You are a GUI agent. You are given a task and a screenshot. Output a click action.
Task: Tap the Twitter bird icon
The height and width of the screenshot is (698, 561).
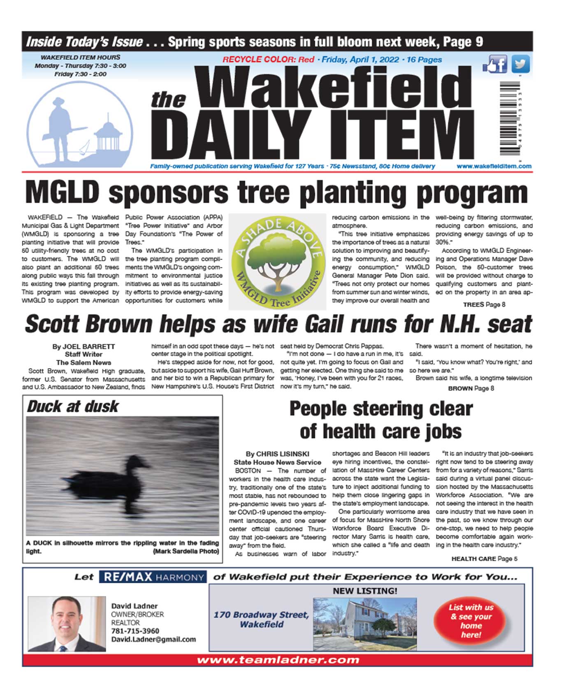(x=520, y=64)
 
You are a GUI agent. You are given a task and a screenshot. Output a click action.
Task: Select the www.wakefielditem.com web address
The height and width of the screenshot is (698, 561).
(x=494, y=166)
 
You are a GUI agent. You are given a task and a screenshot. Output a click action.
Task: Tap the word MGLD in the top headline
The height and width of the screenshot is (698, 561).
(x=63, y=192)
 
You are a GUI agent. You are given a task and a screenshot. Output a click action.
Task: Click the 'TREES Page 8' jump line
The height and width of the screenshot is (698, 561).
(x=484, y=304)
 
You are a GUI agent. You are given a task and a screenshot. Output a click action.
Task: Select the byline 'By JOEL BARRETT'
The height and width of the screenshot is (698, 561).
(x=83, y=346)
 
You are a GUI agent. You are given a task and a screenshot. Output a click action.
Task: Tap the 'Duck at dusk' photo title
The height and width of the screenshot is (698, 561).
(x=73, y=406)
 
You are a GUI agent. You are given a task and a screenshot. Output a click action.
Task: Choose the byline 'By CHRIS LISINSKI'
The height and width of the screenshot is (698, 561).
(x=277, y=454)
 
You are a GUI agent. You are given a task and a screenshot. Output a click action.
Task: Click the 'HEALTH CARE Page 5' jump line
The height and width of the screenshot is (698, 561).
(x=484, y=559)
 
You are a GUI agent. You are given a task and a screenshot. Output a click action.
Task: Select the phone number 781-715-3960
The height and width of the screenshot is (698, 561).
(x=135, y=631)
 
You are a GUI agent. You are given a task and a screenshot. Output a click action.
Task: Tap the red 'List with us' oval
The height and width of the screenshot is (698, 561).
(x=471, y=620)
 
